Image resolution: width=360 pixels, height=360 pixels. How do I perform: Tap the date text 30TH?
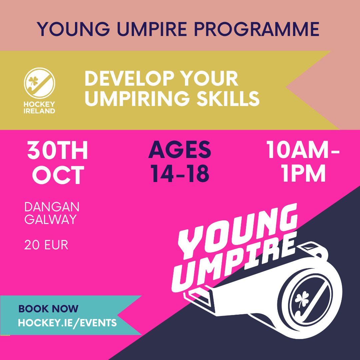[58, 151]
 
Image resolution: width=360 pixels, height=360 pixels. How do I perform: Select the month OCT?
[58, 176]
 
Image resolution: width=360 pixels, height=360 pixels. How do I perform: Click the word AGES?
[180, 150]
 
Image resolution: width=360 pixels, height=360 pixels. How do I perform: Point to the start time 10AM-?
[303, 151]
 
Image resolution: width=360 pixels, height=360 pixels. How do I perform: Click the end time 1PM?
[303, 174]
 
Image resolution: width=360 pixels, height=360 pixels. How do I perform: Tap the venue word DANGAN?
[52, 207]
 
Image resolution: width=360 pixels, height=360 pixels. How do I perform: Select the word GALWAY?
[50, 220]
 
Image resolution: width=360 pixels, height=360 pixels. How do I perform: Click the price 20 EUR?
[46, 245]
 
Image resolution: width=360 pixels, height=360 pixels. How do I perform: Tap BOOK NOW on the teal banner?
[48, 308]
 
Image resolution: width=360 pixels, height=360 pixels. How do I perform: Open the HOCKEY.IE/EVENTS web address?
[67, 322]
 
